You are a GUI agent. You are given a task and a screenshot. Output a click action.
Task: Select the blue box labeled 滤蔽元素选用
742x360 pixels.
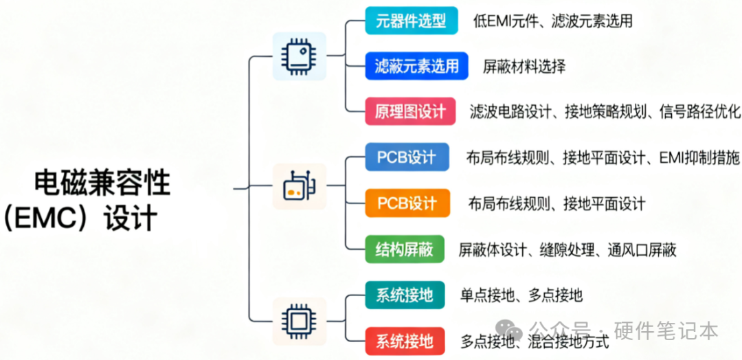416,67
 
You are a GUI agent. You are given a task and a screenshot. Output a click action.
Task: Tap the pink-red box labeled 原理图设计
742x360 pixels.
410,111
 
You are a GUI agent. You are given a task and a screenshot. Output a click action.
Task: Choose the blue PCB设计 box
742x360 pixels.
406,157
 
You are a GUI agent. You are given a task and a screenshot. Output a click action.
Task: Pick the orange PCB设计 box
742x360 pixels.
407,203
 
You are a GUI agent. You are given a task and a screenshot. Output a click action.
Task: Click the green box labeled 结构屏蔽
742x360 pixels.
405,249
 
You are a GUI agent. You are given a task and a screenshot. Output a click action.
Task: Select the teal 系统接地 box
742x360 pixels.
405,295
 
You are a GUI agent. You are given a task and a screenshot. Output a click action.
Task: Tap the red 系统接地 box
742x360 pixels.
405,341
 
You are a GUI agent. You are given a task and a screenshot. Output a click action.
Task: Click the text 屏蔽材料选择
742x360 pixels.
524,67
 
